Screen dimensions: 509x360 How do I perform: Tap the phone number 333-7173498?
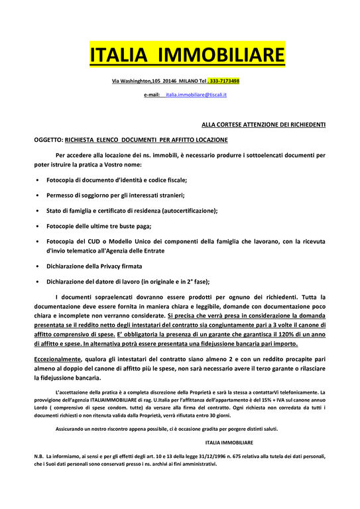pyautogui.click(x=224, y=81)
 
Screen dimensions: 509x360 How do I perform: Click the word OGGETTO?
pyautogui.click(x=48, y=140)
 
